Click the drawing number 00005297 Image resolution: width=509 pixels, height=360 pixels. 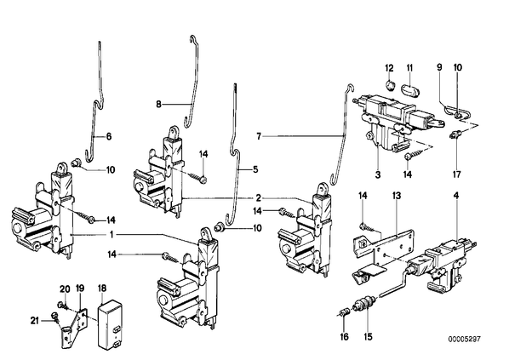point(464,340)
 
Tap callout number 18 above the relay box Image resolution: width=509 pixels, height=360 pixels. point(102,289)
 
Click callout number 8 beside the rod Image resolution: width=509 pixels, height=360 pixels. point(158,105)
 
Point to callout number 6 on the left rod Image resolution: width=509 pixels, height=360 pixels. point(109,137)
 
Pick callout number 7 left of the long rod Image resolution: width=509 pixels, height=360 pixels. point(259,137)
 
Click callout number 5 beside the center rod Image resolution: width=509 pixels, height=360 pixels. point(255,169)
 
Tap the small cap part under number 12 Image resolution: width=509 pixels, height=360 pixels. point(390,86)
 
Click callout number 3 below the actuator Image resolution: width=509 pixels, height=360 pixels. point(378,174)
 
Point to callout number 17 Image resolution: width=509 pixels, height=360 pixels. point(456,174)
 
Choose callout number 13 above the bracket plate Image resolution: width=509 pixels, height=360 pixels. point(397,196)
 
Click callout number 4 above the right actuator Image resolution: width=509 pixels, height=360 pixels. point(456,196)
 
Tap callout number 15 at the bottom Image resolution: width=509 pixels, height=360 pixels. point(368,337)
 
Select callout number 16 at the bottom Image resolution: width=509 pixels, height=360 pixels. point(345,337)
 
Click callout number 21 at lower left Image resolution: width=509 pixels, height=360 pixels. point(35,321)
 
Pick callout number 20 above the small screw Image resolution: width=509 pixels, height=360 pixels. point(65,289)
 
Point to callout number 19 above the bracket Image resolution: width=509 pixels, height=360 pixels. point(80,289)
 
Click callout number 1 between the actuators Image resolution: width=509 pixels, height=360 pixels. point(112,234)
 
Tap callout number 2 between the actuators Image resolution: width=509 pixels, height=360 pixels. point(258,197)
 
